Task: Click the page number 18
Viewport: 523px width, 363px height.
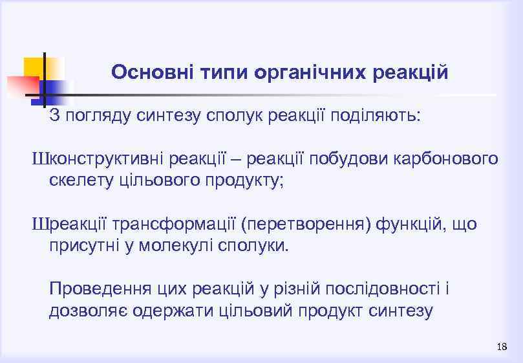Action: point(502,347)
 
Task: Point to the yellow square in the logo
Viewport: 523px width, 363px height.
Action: point(37,67)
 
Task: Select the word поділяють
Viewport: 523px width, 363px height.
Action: point(376,116)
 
